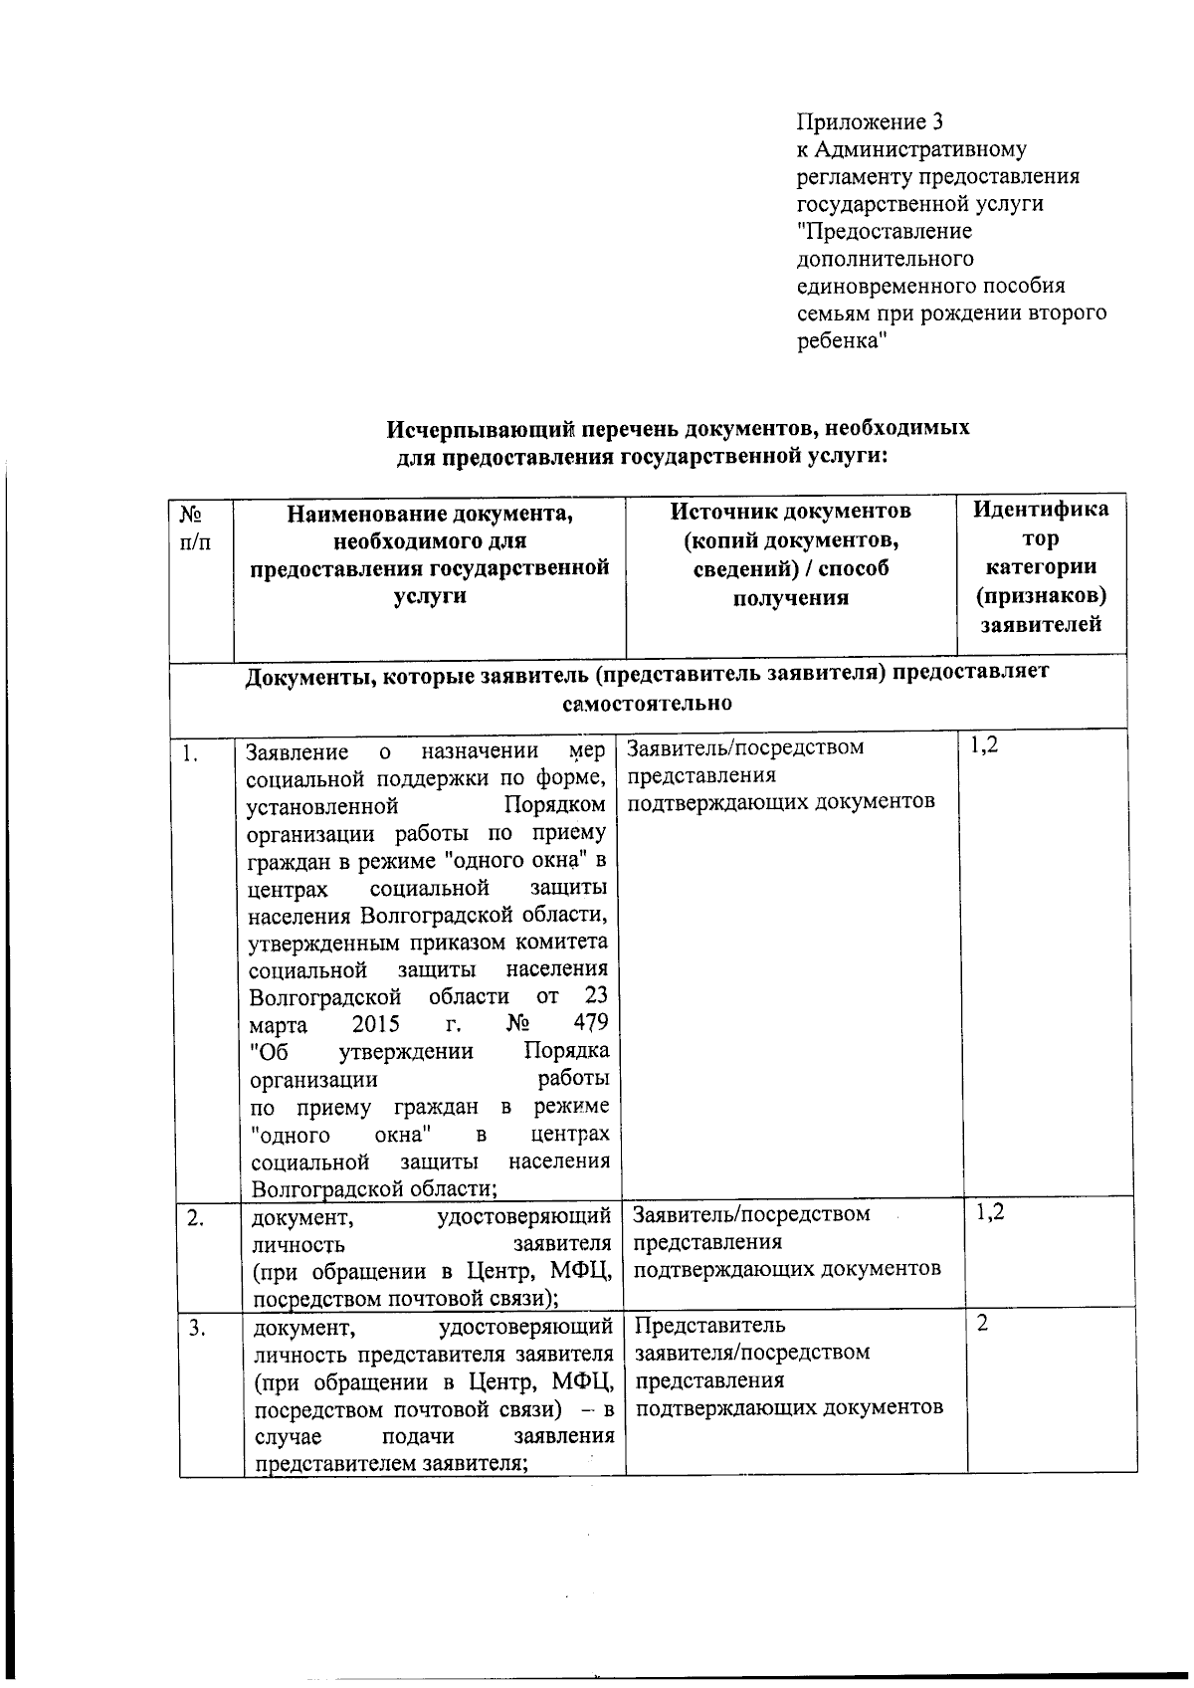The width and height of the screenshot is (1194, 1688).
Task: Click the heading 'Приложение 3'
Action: [869, 122]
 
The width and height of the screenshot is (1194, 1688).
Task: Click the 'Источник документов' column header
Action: [790, 553]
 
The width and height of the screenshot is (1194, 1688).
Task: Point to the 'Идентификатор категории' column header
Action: [1041, 566]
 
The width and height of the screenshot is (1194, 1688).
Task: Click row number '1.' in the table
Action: [190, 754]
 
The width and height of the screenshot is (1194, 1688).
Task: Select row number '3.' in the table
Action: [197, 1327]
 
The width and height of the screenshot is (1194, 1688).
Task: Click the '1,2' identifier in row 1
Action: [982, 744]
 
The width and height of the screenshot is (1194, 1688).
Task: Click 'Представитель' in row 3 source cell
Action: [709, 1326]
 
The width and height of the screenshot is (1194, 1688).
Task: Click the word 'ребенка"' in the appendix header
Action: [841, 340]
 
